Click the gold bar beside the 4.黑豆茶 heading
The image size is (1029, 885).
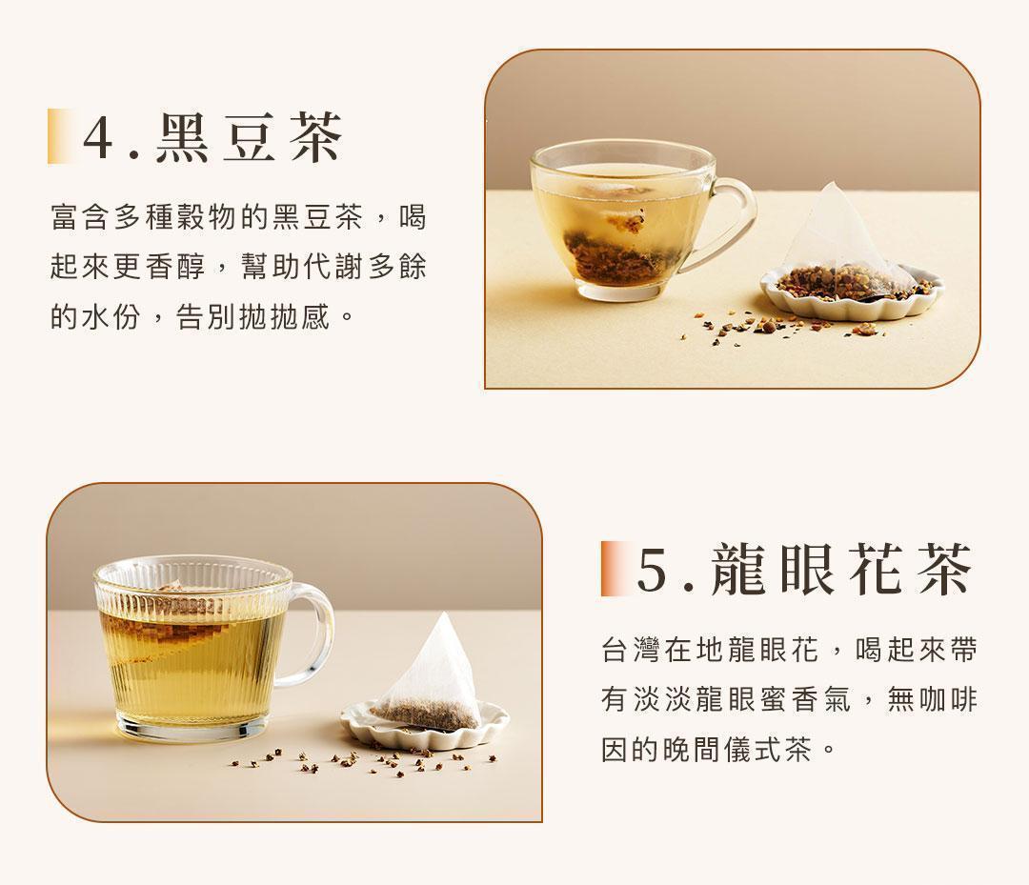60,136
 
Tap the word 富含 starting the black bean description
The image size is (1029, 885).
81,218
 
